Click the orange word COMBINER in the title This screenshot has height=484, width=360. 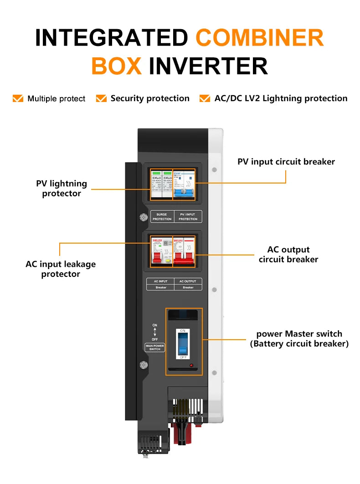click(260, 37)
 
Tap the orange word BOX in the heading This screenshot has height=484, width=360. click(116, 66)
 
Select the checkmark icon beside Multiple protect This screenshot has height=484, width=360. click(18, 98)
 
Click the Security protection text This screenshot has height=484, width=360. click(149, 98)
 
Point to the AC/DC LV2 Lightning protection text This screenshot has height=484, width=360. click(281, 98)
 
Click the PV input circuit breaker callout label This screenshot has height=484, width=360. click(286, 162)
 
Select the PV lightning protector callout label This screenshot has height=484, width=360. click(62, 189)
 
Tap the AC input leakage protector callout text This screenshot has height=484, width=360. click(61, 269)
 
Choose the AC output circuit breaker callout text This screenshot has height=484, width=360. click(288, 255)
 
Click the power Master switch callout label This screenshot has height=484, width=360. click(299, 339)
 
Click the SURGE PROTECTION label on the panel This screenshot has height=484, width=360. click(162, 217)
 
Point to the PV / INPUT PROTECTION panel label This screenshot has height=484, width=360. click(188, 217)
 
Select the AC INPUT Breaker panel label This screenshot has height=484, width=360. click(160, 284)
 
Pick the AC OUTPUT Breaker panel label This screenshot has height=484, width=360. click(188, 284)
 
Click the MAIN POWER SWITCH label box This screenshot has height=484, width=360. click(154, 347)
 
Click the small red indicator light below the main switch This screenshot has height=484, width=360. click(191, 365)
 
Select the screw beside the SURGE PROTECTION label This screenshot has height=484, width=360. click(143, 218)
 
